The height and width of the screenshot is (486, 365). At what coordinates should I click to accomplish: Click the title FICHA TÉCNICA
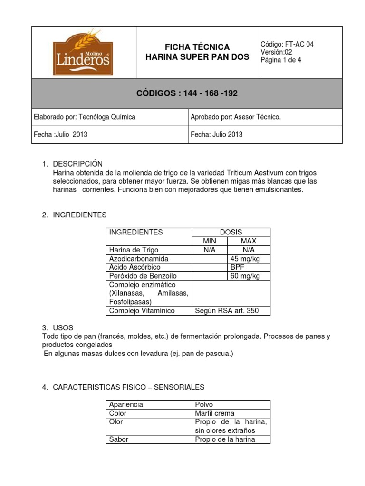(197, 47)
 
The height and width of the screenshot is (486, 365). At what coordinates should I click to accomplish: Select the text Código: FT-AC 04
(287, 44)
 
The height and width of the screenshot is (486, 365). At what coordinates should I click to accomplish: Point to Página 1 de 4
(280, 60)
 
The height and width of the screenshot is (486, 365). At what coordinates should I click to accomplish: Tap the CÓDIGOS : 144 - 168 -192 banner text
(187, 93)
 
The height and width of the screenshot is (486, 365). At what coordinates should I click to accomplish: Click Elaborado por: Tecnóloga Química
(85, 117)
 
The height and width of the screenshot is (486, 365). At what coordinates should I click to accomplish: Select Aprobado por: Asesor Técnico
(235, 117)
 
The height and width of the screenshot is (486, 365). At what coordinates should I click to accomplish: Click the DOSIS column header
(231, 232)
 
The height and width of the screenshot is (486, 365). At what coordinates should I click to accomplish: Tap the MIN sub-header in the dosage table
(210, 241)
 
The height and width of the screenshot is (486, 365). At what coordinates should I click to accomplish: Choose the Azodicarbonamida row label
(139, 259)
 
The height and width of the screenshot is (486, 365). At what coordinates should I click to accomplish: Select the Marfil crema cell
(215, 413)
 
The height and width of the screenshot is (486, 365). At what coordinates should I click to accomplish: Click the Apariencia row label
(126, 404)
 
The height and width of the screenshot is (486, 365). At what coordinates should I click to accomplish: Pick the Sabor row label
(119, 439)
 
